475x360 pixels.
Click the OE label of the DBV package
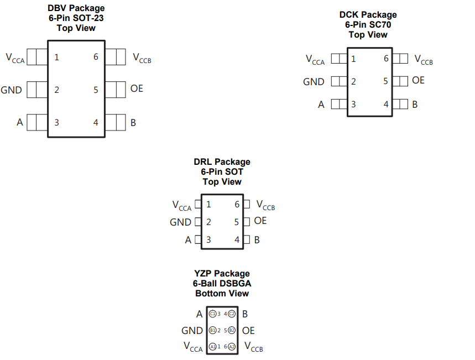tap(137, 88)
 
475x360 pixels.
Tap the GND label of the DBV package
tap(12, 90)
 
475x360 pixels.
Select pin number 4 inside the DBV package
tap(96, 122)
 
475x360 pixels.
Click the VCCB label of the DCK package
tap(424, 60)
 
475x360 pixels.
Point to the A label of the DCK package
tap(321, 104)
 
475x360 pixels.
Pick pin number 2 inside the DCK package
tap(353, 81)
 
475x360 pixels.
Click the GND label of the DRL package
tap(180, 222)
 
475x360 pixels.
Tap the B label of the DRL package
tap(257, 240)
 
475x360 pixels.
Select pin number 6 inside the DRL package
tap(237, 205)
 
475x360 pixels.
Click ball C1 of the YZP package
tap(212, 314)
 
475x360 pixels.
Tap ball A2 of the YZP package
tap(232, 347)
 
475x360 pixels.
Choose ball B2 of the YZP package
tap(232, 330)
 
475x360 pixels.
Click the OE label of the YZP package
tap(248, 330)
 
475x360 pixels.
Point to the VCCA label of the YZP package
tap(193, 347)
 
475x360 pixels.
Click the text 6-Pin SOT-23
tap(76, 18)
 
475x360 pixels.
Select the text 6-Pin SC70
tap(368, 24)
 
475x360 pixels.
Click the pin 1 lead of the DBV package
tap(36, 56)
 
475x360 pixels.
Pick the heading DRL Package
tap(222, 162)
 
